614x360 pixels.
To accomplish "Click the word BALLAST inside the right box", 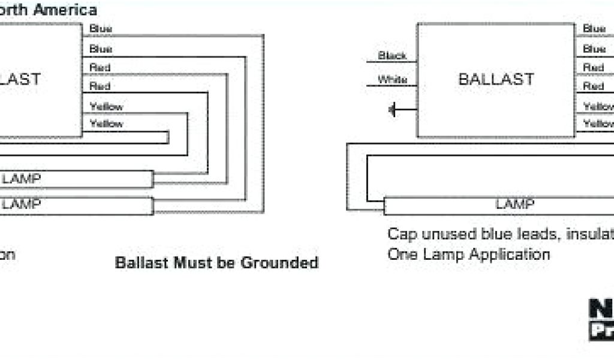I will click(496, 79).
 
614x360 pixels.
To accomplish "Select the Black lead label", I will click(392, 56).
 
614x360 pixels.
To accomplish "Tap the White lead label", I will click(392, 80).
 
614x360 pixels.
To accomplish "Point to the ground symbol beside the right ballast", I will click(393, 110).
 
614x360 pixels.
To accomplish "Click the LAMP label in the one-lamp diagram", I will click(514, 204).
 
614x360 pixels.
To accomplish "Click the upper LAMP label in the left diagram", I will click(22, 179).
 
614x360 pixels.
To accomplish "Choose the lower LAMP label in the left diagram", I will click(22, 204).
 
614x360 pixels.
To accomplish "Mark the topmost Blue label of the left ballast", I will click(101, 29).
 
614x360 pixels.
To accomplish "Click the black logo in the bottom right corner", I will click(601, 318).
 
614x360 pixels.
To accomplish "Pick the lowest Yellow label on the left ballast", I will click(106, 124).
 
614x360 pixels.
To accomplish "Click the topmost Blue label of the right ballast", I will click(594, 29).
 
